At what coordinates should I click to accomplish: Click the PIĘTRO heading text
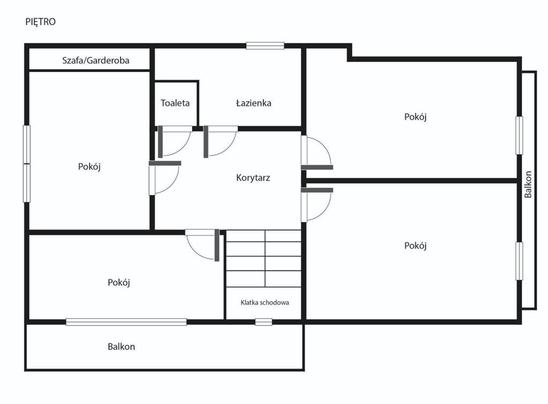[x=41, y=22]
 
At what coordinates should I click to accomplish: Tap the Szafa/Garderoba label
[x=95, y=60]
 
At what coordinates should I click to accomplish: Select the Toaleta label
[x=175, y=103]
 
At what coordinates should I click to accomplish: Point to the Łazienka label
[x=254, y=103]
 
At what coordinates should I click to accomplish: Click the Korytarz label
[x=253, y=177]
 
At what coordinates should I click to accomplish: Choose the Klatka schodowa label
[x=265, y=302]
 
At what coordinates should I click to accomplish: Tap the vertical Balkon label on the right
[x=528, y=184]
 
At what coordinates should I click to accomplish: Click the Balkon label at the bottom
[x=121, y=347]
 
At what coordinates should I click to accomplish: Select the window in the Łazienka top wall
[x=265, y=46]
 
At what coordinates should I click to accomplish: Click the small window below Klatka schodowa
[x=263, y=322]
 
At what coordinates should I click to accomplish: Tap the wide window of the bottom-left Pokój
[x=126, y=322]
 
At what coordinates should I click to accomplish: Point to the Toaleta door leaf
[x=160, y=142]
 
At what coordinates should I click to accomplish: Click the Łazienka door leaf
[x=206, y=142]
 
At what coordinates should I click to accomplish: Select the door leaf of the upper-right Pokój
[x=317, y=168]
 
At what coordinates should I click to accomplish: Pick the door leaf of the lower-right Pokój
[x=317, y=190]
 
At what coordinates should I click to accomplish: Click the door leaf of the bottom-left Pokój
[x=217, y=245]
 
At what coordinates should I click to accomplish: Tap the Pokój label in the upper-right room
[x=415, y=117]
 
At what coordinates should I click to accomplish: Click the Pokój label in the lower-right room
[x=415, y=246]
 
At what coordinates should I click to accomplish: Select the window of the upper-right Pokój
[x=519, y=136]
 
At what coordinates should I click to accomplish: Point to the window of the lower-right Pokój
[x=519, y=261]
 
